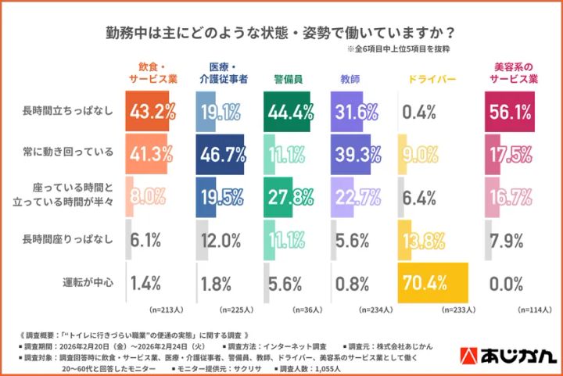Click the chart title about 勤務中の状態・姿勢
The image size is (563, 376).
pyautogui.click(x=281, y=34)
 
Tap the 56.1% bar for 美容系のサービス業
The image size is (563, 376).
pyautogui.click(x=511, y=111)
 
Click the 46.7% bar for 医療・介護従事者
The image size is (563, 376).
pyautogui.click(x=220, y=155)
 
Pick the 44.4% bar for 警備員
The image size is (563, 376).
pyautogui.click(x=287, y=111)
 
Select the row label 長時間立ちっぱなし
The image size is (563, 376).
pyautogui.click(x=69, y=111)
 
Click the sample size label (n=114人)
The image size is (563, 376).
pyautogui.click(x=521, y=309)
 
